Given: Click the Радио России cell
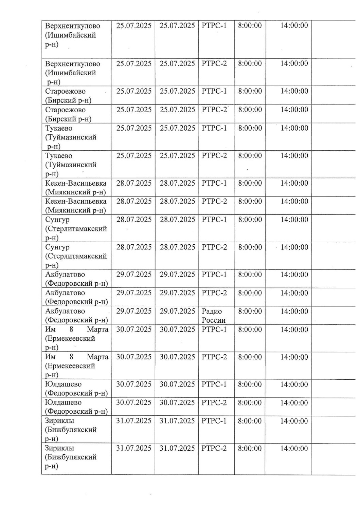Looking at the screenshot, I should pos(214,316).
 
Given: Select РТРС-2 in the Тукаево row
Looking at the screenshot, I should pos(214,156).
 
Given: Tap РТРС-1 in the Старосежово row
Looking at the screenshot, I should pos(214,91).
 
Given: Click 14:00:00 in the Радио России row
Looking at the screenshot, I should pos(294,311).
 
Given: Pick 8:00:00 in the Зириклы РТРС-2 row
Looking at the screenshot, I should pos(250,448).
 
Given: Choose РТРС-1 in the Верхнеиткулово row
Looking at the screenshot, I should pos(214,25).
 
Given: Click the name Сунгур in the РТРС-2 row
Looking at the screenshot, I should pos(57,247).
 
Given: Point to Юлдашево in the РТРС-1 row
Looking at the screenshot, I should pos(63,384).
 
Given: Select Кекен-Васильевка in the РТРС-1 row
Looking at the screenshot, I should pos(76,183).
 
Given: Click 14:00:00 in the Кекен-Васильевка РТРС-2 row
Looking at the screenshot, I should pos(294,201).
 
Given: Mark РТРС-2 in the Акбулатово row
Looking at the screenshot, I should pos(214,293).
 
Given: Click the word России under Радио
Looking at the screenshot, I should pos(214,320).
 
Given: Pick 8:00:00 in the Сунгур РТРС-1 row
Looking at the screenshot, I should pos(250,220).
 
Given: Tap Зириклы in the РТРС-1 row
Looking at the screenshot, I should pos(60,420).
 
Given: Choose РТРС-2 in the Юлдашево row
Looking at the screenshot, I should pos(214,402).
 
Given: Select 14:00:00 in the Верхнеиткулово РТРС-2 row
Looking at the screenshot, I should pos(294,63).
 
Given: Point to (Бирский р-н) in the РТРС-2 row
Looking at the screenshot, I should pos(68,119).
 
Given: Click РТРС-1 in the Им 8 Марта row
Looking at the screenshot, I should pos(214,329).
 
